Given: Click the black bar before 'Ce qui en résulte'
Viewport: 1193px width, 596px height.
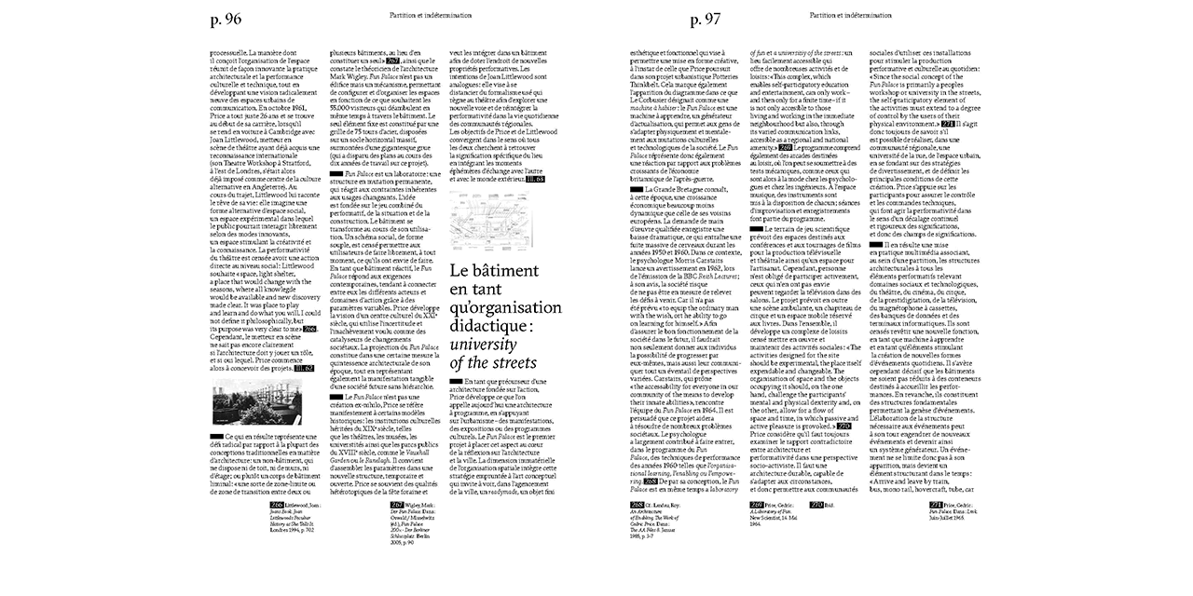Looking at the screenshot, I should pyautogui.click(x=216, y=435).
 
